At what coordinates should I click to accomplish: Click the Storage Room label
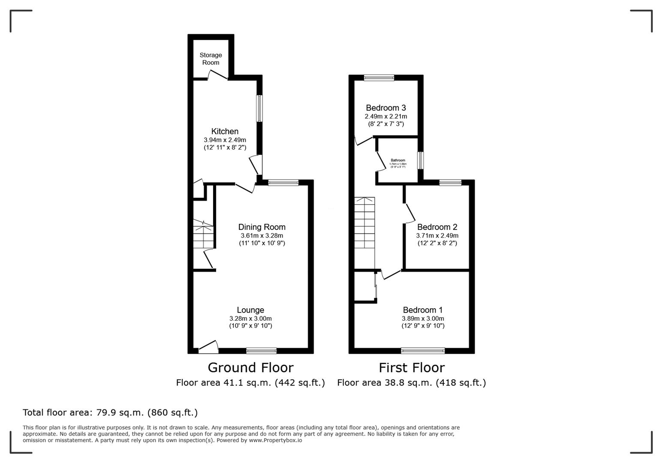[211, 59]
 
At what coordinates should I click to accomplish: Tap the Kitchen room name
[225, 132]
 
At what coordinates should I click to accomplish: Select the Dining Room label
[262, 227]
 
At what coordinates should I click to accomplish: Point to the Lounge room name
[250, 310]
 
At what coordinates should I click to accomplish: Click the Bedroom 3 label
[385, 108]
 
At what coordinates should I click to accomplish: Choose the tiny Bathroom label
[397, 160]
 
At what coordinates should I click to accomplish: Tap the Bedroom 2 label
[437, 227]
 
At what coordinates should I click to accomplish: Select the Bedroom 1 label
[422, 310]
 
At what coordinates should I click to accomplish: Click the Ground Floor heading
[250, 368]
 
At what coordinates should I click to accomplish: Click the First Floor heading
[411, 368]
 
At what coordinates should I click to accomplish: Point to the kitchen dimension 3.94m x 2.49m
[225, 140]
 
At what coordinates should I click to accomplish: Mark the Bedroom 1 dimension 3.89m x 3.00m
[423, 319]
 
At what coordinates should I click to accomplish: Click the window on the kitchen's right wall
[259, 108]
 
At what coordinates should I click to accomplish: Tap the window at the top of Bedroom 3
[379, 78]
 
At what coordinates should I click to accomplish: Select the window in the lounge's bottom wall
[261, 351]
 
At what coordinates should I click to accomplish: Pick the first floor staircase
[364, 223]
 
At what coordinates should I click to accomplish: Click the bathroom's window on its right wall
[421, 160]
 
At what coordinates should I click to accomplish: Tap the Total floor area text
[110, 413]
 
